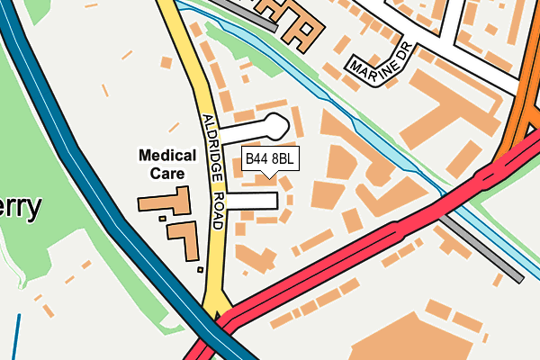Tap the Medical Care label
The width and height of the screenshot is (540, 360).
pos(167,164)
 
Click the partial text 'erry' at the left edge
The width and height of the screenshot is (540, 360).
pos(21,208)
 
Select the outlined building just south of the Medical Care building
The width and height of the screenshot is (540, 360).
pos(186,238)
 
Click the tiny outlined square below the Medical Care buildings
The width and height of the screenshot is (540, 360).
pos(200,268)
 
